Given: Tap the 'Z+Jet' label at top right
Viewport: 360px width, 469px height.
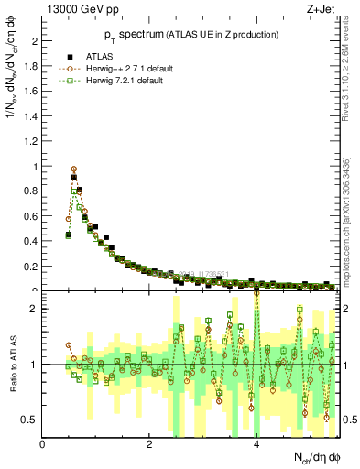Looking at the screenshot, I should point(322,10).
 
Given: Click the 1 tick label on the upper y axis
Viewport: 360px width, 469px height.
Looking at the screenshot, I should point(35,167).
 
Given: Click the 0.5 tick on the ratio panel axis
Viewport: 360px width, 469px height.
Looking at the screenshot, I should point(31,420).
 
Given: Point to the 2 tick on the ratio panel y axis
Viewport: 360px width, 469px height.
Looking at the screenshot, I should point(35,309).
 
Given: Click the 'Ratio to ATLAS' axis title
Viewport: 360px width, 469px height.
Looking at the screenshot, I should point(12,365).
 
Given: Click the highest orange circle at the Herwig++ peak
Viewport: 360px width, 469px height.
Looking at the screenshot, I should point(74,169).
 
